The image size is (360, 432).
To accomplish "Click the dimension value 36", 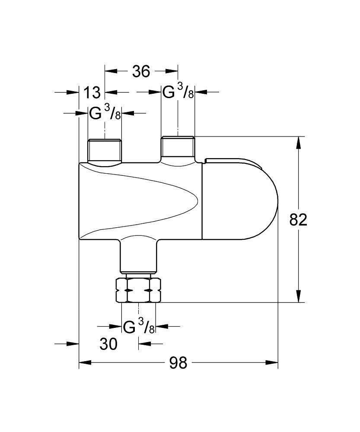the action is pyautogui.click(x=141, y=71).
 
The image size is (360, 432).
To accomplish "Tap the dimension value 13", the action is pyautogui.click(x=92, y=92).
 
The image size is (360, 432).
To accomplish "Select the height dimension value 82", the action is pyautogui.click(x=298, y=220).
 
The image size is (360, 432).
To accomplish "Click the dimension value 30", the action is pyautogui.click(x=108, y=344).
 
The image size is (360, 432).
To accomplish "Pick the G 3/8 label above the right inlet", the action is pyautogui.click(x=178, y=92).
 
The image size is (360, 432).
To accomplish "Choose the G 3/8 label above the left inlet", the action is pyautogui.click(x=105, y=113).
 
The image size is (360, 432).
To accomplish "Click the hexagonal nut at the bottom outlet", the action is pyautogui.click(x=138, y=291).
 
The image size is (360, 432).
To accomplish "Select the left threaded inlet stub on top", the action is pyautogui.click(x=105, y=150).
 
